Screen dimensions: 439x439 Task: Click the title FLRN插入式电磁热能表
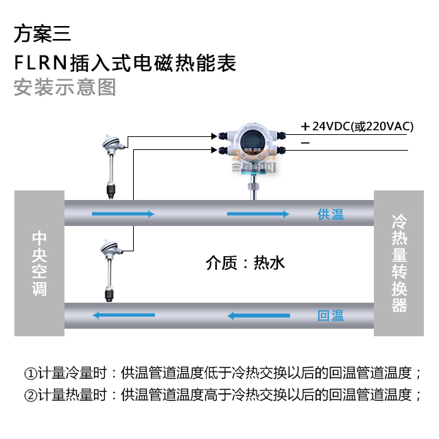click(125, 63)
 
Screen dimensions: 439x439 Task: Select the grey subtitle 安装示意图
click(64, 88)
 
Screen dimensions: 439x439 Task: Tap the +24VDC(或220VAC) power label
click(356, 126)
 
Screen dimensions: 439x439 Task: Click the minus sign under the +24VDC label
click(305, 142)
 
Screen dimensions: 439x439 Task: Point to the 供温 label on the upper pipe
click(331, 214)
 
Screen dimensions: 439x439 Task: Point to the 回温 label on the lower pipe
click(331, 316)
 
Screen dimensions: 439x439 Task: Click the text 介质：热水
click(244, 262)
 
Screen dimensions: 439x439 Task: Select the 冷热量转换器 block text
click(399, 263)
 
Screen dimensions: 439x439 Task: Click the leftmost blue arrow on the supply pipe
click(122, 214)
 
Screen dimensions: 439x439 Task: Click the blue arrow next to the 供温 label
click(259, 214)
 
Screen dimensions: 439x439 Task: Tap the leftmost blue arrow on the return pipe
click(124, 316)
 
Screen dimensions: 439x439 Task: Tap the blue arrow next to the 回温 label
click(259, 316)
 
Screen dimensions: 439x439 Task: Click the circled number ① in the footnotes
click(29, 374)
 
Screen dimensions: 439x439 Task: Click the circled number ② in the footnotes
click(29, 395)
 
